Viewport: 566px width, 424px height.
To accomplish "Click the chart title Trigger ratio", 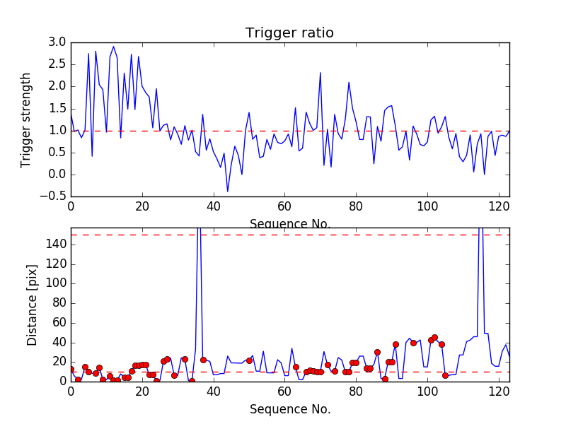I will tap(289, 33).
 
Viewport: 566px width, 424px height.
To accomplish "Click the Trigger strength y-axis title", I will tap(26, 119).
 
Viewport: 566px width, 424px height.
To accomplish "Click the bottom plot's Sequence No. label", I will tap(289, 409).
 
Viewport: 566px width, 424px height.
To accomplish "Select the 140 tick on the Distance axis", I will tap(57, 245).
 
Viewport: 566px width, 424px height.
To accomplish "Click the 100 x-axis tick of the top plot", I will tap(427, 206).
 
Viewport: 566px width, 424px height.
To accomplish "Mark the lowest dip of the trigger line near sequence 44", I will tap(228, 192).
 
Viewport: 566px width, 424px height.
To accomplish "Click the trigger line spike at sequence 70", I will tap(320, 72).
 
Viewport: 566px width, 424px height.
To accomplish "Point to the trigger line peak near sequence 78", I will tap(349, 82).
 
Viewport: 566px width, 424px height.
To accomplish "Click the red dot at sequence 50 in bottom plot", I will tap(249, 360).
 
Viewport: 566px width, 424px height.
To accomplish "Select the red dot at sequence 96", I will tap(413, 343).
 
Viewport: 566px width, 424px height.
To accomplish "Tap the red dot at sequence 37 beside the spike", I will tap(203, 360).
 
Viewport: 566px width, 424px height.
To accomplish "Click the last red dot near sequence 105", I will tap(445, 375).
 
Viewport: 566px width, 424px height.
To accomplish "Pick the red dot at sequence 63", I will tap(296, 367).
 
